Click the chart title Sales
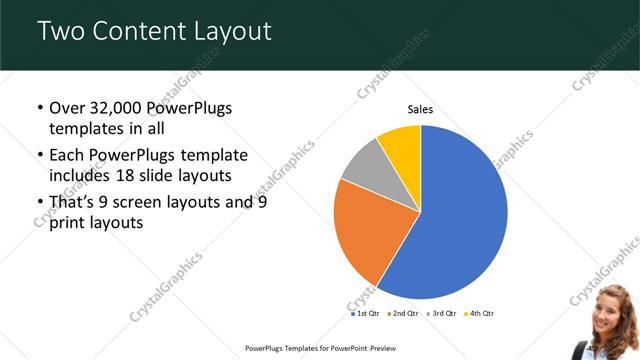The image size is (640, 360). [x=421, y=110]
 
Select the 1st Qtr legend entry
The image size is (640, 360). [x=366, y=313]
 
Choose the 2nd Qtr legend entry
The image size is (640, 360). [x=403, y=313]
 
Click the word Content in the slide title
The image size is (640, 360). [x=140, y=31]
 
